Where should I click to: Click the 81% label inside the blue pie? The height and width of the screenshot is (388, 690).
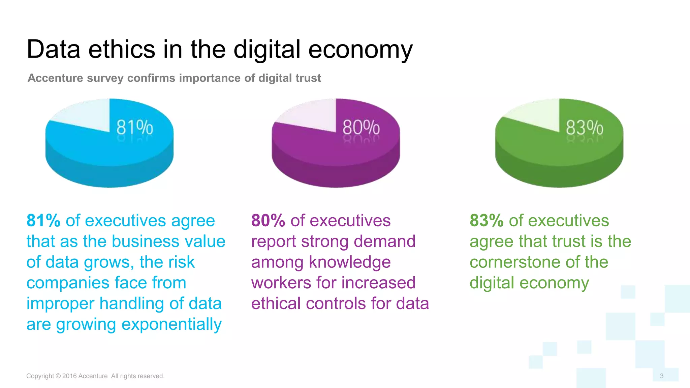click(135, 128)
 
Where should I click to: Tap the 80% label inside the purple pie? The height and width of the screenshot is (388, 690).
click(361, 128)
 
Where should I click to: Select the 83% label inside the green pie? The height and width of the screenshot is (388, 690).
click(584, 128)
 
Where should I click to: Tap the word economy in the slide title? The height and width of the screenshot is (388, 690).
click(360, 50)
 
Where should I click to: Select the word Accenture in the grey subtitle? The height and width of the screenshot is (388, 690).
click(55, 78)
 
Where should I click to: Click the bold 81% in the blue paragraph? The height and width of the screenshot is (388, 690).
click(43, 221)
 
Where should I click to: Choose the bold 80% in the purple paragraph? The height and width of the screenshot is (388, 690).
click(268, 221)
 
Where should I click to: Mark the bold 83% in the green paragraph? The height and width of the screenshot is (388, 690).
click(487, 221)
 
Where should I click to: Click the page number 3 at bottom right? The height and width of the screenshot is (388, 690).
click(662, 376)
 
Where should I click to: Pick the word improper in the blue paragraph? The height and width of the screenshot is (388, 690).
click(60, 304)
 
